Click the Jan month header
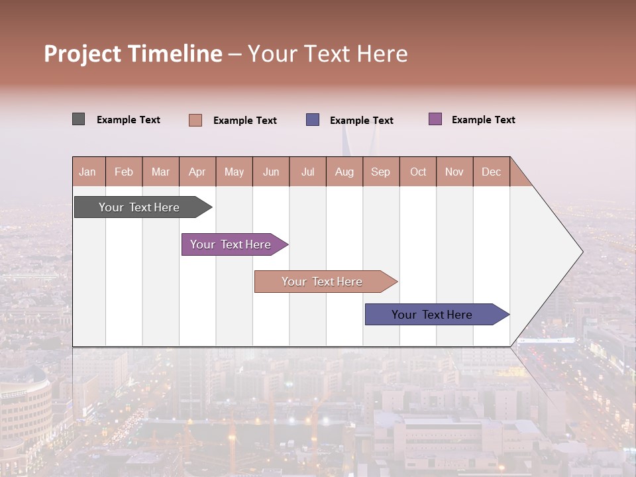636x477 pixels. (87, 172)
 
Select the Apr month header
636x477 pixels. (197, 172)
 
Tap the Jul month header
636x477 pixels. (307, 172)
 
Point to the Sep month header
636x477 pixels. (380, 172)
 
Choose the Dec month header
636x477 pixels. (491, 172)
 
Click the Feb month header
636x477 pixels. (124, 172)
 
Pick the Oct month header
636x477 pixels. (418, 172)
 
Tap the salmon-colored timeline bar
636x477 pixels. (323, 282)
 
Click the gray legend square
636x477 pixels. (78, 119)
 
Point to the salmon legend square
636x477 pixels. (195, 120)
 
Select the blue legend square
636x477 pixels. (313, 120)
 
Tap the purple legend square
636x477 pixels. (435, 119)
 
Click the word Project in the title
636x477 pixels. (83, 54)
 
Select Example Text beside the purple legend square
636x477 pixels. (483, 119)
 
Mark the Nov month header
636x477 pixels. (454, 172)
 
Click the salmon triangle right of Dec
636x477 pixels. (518, 177)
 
